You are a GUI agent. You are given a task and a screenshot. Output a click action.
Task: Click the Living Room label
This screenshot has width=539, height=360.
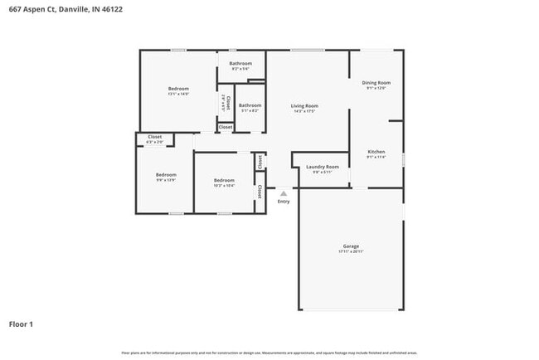pos(304,105)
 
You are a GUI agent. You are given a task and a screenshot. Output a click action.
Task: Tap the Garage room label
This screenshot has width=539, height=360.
pos(352,246)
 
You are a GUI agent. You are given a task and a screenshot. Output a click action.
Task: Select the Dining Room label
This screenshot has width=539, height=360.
pos(376,83)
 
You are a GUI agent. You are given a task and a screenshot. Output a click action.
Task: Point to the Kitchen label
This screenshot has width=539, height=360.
pos(376,152)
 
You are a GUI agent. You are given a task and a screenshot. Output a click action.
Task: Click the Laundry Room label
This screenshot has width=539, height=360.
pos(323,167)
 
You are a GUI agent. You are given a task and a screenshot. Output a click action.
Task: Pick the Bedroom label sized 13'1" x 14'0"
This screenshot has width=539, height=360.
pos(178,89)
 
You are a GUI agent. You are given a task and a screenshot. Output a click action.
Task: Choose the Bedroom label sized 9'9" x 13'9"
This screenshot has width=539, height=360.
pos(166,175)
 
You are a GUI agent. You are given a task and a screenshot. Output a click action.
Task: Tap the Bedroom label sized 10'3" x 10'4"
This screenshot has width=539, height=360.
pos(224,181)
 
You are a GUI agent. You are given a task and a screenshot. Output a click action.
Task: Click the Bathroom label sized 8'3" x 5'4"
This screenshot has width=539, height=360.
pos(240,64)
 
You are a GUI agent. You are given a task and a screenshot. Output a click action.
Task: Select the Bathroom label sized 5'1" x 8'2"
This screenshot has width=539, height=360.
pos(250,105)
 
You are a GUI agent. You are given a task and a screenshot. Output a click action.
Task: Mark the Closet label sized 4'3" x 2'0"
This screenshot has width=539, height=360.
pos(155,137)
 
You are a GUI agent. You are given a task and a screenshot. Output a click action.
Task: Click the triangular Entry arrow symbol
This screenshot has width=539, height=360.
pos(284,193)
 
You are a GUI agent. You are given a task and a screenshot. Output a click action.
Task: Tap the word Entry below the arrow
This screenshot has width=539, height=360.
pos(284,202)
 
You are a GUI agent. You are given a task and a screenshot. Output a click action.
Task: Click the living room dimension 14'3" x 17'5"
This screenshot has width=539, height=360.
pos(304,111)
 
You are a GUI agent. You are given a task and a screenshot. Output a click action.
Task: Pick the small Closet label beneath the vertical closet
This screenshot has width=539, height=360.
pos(226,127)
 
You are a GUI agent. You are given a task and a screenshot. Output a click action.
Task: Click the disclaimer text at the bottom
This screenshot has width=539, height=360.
pos(269,353)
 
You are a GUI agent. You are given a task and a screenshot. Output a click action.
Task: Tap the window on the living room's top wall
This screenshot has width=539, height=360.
pos(307,51)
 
